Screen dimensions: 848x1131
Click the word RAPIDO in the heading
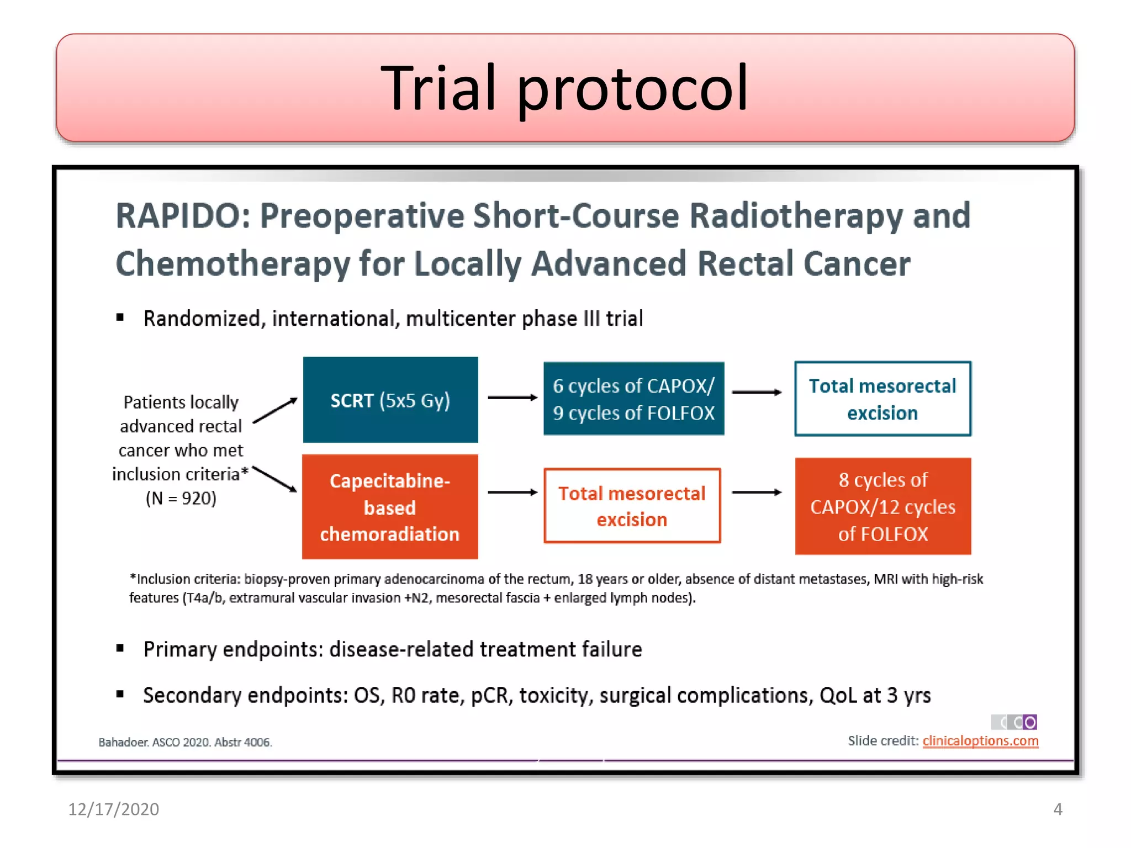[x=183, y=216]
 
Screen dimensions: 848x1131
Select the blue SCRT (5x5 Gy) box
[x=390, y=400]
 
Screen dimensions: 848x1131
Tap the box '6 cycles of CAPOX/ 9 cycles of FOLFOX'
[x=633, y=399]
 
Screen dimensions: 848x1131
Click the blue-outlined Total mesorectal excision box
[x=882, y=399]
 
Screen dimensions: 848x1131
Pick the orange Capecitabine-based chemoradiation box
[x=390, y=507]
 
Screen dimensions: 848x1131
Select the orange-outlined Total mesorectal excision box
[x=632, y=506]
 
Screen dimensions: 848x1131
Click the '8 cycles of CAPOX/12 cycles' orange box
[x=882, y=506]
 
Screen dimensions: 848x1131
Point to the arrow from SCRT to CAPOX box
[x=512, y=397]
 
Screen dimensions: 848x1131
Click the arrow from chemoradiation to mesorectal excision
[x=512, y=492]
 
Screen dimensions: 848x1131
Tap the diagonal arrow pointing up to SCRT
[x=275, y=410]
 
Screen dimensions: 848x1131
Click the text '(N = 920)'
[x=181, y=499]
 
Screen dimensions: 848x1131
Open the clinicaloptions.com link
[x=980, y=741]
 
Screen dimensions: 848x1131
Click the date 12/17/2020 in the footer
[x=113, y=809]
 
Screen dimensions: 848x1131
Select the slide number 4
[x=1058, y=809]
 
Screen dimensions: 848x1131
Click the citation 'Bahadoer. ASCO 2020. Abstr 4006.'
[x=185, y=743]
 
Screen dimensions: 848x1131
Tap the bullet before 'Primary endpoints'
[x=120, y=648]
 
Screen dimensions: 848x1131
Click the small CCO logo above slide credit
[x=1014, y=722]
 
